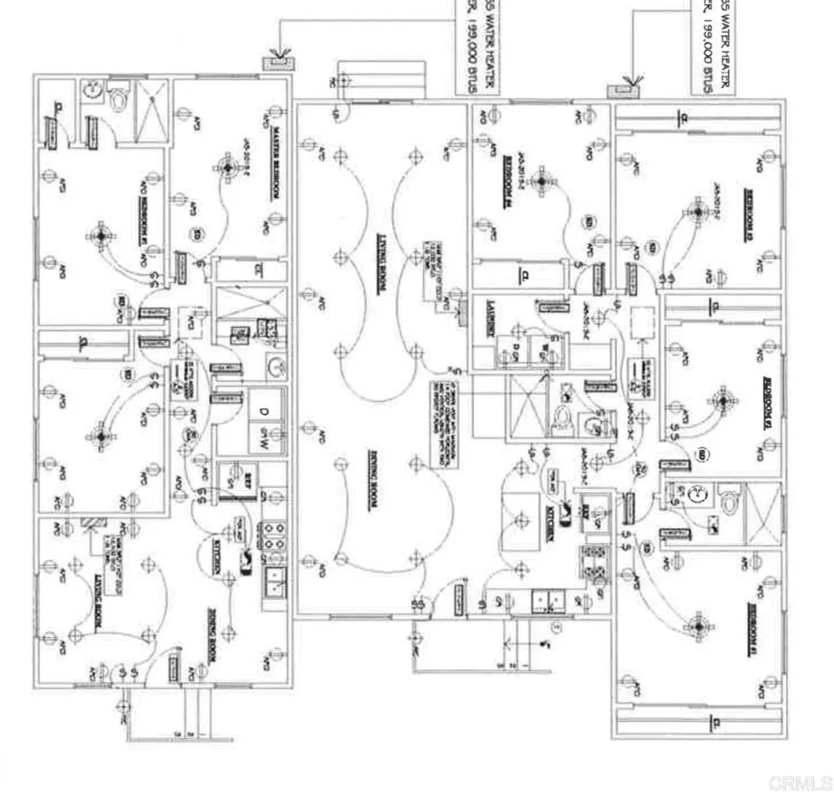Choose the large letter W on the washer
(x=265, y=440)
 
